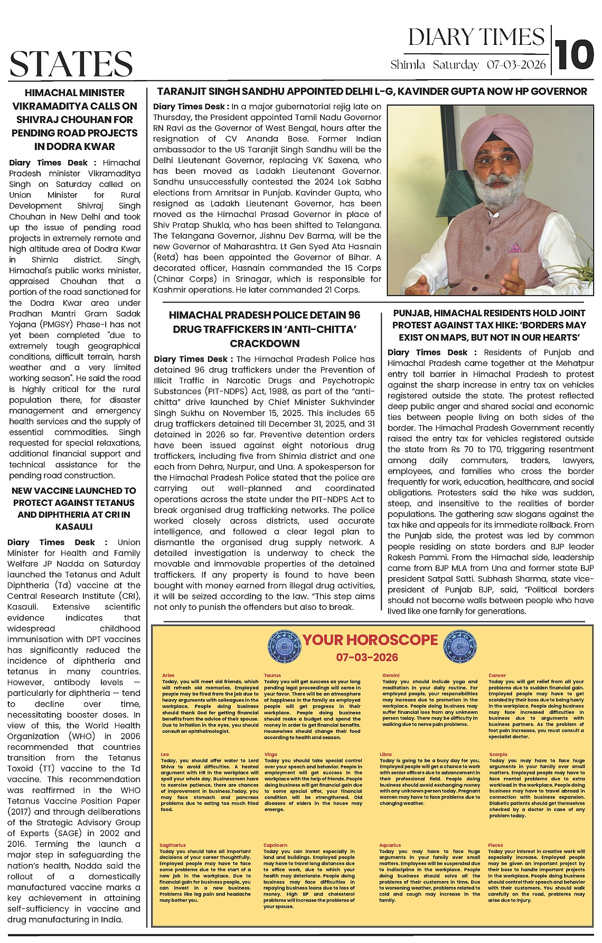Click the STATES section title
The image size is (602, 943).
click(71, 63)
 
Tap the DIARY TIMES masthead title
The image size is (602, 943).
click(476, 37)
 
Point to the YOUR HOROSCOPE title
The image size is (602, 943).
click(370, 640)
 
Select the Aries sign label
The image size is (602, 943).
click(168, 675)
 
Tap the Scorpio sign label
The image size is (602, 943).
click(498, 755)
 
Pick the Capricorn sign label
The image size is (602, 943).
click(275, 845)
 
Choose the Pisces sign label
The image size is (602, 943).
click(495, 845)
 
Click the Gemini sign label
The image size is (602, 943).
click(391, 675)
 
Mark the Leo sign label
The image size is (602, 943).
click(165, 755)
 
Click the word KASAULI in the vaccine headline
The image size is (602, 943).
click(74, 526)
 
